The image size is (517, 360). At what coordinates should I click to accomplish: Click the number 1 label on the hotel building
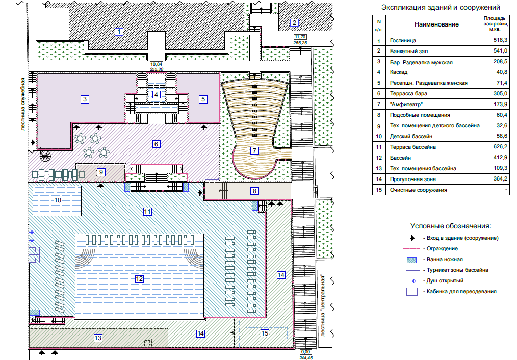tap(119, 32)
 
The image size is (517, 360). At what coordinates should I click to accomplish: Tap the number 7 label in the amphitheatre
tap(254, 150)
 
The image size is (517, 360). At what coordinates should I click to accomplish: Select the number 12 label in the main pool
tap(139, 278)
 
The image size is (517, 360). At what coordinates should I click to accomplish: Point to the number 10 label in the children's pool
tap(58, 200)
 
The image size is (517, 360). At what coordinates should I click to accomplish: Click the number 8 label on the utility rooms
tap(254, 191)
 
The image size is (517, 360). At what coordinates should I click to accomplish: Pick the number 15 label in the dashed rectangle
tap(264, 333)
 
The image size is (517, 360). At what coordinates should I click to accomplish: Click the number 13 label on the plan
tap(98, 337)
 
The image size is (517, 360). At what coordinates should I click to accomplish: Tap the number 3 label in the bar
tap(85, 99)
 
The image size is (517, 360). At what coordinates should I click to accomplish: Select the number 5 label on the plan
tap(203, 99)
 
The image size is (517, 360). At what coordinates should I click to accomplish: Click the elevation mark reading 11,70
tap(300, 37)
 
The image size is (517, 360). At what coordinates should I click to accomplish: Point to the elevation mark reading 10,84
tap(156, 64)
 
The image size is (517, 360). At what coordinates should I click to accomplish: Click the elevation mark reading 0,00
tap(306, 352)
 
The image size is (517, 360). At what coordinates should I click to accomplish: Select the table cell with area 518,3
tap(497, 40)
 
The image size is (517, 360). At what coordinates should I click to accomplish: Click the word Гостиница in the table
tap(403, 40)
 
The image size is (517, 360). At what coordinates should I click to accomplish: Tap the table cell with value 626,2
tap(497, 147)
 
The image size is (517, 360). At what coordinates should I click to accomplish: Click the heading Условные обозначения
tap(451, 225)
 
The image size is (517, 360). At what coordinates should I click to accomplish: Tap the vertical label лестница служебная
tap(23, 105)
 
